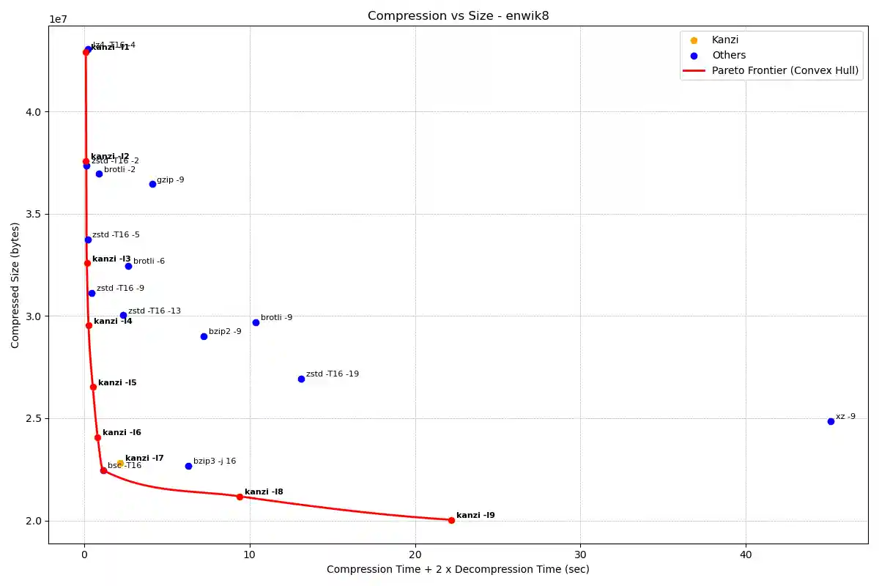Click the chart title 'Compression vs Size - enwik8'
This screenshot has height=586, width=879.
coord(458,15)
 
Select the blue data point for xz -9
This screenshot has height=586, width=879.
coord(831,421)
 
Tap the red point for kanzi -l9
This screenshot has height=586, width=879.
coord(451,520)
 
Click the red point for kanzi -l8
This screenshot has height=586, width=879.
coord(240,497)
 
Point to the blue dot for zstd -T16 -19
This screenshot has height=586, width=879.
coord(301,379)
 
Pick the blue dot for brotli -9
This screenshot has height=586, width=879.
coord(256,322)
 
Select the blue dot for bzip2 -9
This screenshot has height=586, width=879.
coord(204,336)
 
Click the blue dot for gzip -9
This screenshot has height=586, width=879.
coord(152,184)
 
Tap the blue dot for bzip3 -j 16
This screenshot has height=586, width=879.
coord(188,466)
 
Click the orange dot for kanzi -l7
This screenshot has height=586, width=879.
coord(120,463)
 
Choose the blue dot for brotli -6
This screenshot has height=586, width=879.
coord(128,266)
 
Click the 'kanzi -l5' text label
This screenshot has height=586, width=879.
coord(117,383)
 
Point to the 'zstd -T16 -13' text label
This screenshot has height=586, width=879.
coord(154,311)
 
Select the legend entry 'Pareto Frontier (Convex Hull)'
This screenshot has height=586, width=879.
coord(785,71)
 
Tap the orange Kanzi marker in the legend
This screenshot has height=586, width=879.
coord(694,40)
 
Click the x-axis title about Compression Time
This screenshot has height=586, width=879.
coord(458,570)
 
